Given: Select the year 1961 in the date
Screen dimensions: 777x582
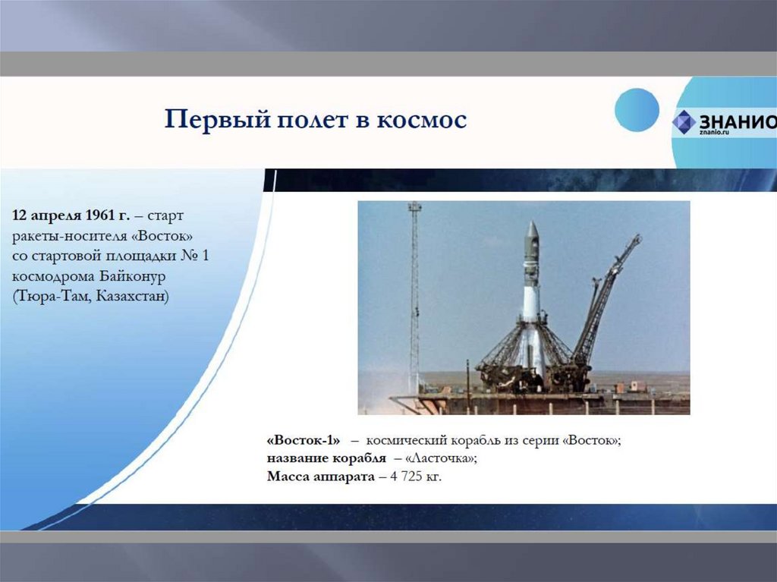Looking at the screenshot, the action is click(99, 215).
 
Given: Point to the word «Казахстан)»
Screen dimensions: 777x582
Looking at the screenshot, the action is click(132, 297).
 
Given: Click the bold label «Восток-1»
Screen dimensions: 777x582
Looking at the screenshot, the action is click(304, 440).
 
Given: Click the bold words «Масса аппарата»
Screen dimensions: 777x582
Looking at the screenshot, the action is click(321, 477).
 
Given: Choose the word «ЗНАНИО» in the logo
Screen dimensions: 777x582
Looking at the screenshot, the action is click(738, 121).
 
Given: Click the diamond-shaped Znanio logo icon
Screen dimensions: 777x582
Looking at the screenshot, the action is click(684, 122).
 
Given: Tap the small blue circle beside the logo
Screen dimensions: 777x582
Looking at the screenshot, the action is click(637, 110).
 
